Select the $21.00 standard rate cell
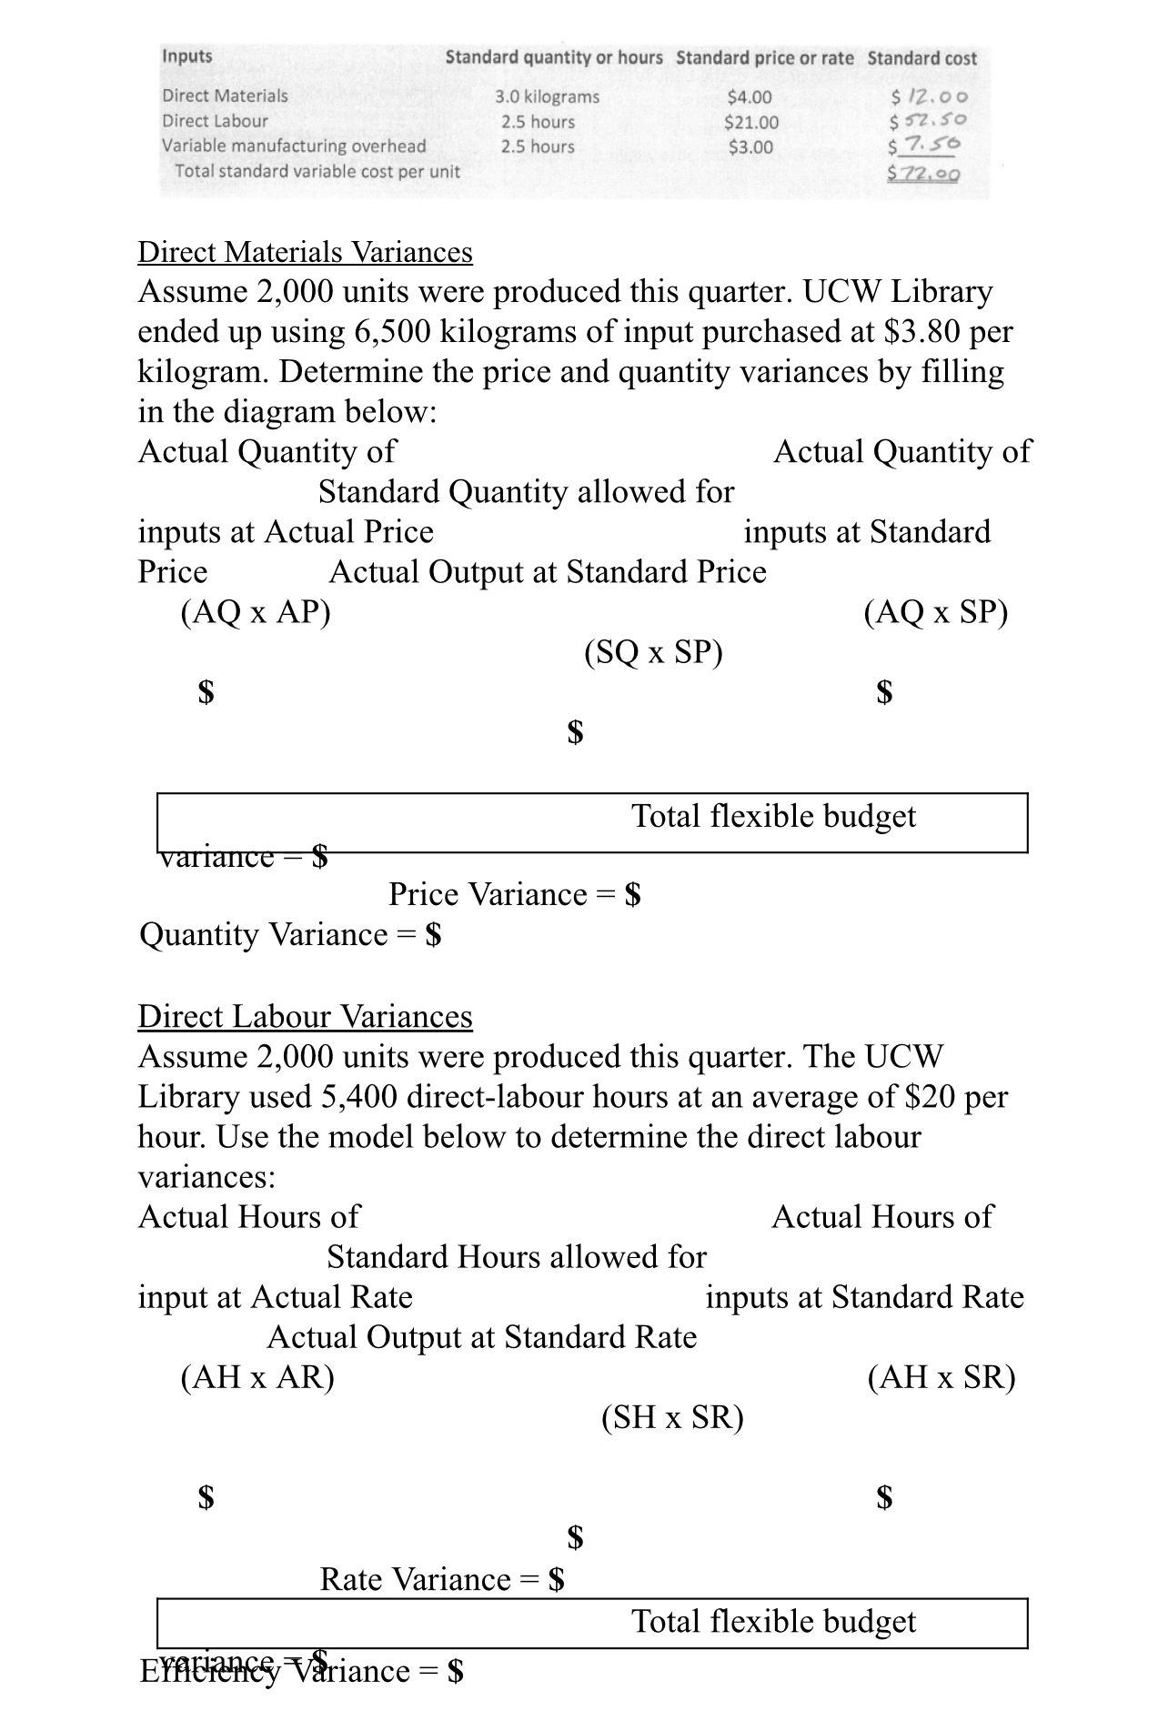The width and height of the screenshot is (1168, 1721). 750,122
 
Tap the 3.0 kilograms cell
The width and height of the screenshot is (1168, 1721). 547,96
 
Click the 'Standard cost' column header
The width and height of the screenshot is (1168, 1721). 921,58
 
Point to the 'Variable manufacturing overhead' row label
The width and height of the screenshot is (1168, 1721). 294,146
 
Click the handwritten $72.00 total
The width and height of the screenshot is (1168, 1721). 924,173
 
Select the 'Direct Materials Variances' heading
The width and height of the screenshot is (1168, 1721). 305,252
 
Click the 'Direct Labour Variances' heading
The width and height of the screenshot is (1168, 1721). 305,1016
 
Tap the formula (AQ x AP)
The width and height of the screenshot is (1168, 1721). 256,612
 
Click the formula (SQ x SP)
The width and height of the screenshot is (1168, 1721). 653,652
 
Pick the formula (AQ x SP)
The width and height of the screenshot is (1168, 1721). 935,612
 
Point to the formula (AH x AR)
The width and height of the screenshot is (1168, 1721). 257,1377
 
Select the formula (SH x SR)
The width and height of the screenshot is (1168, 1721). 672,1417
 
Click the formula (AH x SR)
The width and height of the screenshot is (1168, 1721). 941,1377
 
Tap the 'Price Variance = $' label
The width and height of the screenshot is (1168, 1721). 515,895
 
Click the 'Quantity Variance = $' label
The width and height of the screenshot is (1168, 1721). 290,935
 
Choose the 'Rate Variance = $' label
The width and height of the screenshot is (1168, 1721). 442,1579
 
